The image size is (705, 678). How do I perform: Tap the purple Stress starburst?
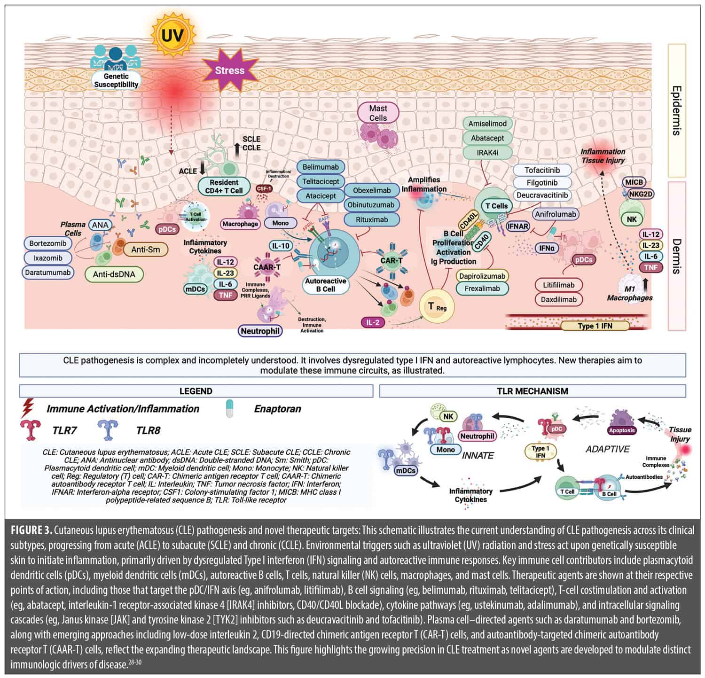click(230, 70)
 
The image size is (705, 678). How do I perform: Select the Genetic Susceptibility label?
click(116, 80)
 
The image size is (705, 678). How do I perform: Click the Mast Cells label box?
click(378, 113)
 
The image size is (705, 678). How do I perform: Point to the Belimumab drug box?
click(321, 167)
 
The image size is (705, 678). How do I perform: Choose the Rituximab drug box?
click(371, 219)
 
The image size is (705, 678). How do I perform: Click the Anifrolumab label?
click(555, 214)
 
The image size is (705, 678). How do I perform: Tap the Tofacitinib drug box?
click(542, 170)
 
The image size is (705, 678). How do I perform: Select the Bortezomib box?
click(47, 243)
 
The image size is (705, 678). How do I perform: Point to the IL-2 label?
click(373, 323)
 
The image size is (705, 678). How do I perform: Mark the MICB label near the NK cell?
click(634, 182)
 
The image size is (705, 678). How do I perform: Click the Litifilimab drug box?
click(558, 285)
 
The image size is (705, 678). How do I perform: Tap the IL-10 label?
click(281, 246)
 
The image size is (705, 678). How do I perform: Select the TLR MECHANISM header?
click(532, 391)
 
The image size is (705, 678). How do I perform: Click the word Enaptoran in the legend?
click(277, 409)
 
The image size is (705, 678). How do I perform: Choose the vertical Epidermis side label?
click(676, 110)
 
